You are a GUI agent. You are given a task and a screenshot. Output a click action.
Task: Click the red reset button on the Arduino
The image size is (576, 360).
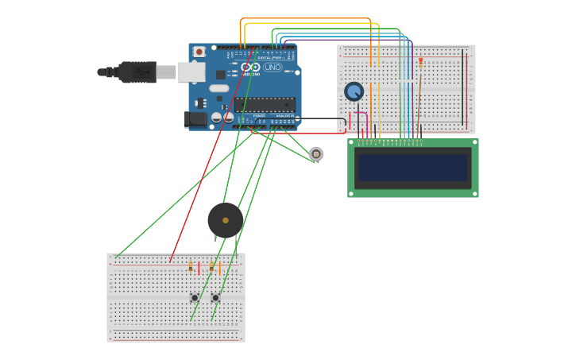point(199,52)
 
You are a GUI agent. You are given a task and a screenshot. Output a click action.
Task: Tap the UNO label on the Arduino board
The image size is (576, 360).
point(272,68)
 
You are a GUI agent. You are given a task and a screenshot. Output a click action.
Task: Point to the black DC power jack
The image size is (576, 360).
point(195,119)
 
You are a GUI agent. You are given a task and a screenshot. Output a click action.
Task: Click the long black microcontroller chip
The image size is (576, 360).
point(265,104)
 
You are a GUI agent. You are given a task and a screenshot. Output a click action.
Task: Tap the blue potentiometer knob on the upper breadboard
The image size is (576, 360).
point(354,91)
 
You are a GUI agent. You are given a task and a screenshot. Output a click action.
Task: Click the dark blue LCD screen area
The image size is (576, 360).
point(412,168)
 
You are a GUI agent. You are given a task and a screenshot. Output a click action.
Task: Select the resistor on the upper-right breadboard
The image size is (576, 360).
point(420,62)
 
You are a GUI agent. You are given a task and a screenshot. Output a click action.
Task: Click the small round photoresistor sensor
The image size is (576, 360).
point(316,153)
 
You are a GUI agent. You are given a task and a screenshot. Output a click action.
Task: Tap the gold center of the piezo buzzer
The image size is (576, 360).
point(226,220)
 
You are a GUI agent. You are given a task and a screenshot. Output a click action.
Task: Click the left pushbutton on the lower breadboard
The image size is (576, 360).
point(195,297)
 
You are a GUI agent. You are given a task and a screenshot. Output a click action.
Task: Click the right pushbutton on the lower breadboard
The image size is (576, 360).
point(215,297)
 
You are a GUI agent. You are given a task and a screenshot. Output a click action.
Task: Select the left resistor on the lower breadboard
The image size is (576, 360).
point(191,267)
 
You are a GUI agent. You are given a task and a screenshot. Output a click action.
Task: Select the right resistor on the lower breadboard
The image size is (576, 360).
point(211,267)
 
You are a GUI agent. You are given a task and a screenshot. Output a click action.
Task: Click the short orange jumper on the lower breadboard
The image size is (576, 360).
point(220,269)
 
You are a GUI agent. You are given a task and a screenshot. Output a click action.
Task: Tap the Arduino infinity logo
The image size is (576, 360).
point(250,68)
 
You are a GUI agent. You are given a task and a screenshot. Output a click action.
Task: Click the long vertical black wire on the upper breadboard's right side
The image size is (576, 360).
point(462,87)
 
